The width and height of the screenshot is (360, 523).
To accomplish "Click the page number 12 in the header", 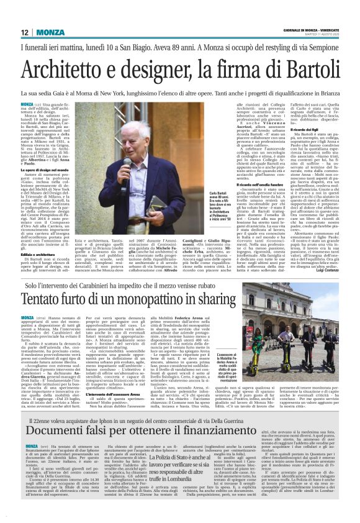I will point(24,32).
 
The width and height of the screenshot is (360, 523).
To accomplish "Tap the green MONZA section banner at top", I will point(49,32).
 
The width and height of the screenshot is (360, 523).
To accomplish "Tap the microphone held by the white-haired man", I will point(130,162).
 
